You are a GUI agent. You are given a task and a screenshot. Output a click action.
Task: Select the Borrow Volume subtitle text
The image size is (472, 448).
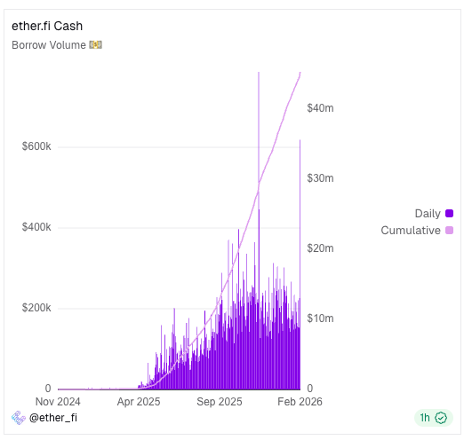pyautogui.click(x=49, y=44)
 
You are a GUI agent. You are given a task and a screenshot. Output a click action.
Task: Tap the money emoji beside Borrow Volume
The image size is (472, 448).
pyautogui.click(x=96, y=44)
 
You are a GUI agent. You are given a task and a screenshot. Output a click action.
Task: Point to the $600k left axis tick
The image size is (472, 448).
pyautogui.click(x=36, y=146)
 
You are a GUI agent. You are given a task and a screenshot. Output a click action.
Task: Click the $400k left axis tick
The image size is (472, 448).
pyautogui.click(x=36, y=227)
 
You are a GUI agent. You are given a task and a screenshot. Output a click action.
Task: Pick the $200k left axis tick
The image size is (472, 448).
pyautogui.click(x=36, y=308)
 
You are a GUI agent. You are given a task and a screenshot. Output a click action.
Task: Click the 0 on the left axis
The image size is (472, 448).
pyautogui.click(x=48, y=389)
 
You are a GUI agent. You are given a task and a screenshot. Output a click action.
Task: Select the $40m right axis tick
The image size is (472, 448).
pyautogui.click(x=320, y=108)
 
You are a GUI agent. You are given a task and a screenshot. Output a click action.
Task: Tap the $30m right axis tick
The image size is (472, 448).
pyautogui.click(x=320, y=178)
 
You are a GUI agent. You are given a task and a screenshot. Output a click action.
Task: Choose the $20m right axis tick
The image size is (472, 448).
pyautogui.click(x=320, y=248)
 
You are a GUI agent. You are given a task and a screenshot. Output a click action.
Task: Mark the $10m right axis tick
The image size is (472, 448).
pyautogui.click(x=320, y=318)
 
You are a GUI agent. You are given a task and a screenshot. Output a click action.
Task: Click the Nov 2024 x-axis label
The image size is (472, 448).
pyautogui.click(x=58, y=402)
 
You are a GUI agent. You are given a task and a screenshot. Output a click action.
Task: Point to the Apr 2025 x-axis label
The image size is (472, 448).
pyautogui.click(x=139, y=402)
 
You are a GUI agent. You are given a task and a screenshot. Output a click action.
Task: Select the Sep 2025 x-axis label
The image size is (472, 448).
pyautogui.click(x=220, y=402)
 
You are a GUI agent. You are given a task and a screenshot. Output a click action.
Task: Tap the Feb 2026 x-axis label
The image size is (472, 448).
pyautogui.click(x=300, y=402)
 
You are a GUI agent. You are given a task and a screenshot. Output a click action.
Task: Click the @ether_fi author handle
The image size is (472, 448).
pyautogui.click(x=53, y=418)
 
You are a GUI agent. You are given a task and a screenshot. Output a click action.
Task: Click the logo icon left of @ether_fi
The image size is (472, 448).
pyautogui.click(x=17, y=418)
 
